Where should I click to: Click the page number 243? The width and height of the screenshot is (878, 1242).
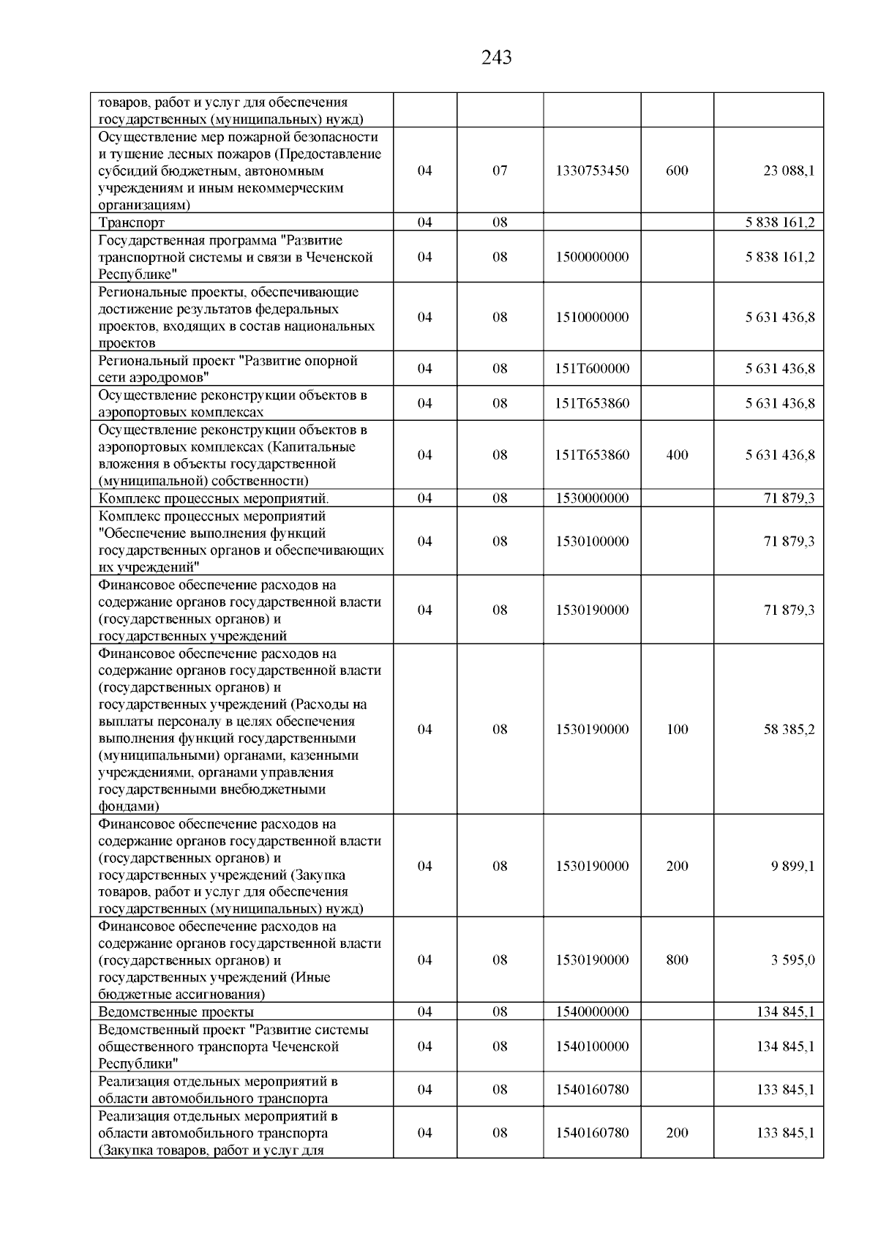(x=497, y=57)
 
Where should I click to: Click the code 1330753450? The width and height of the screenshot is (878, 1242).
(x=592, y=171)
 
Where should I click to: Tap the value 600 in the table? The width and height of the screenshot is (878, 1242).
(x=677, y=171)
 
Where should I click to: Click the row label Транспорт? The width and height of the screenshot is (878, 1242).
(x=132, y=222)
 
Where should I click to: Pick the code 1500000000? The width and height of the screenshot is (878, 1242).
(x=592, y=257)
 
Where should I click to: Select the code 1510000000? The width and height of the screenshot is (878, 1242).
(x=592, y=317)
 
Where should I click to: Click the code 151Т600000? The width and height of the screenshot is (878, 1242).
(x=592, y=368)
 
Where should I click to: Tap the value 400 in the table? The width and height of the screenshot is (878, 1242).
(x=677, y=454)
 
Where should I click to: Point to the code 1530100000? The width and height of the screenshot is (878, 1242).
(x=592, y=541)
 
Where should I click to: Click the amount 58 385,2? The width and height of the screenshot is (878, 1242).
(x=789, y=729)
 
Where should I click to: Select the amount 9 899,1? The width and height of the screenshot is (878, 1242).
(x=792, y=866)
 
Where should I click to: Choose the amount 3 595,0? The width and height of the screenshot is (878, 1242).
(x=792, y=959)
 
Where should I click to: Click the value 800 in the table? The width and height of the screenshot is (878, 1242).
(x=677, y=959)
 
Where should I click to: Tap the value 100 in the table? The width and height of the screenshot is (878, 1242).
(x=677, y=729)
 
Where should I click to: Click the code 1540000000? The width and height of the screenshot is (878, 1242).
(x=592, y=1012)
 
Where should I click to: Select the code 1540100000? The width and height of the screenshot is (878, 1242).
(x=592, y=1046)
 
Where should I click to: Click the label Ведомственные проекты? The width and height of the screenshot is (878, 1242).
(x=176, y=1012)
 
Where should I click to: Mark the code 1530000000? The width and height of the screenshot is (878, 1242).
(x=592, y=498)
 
